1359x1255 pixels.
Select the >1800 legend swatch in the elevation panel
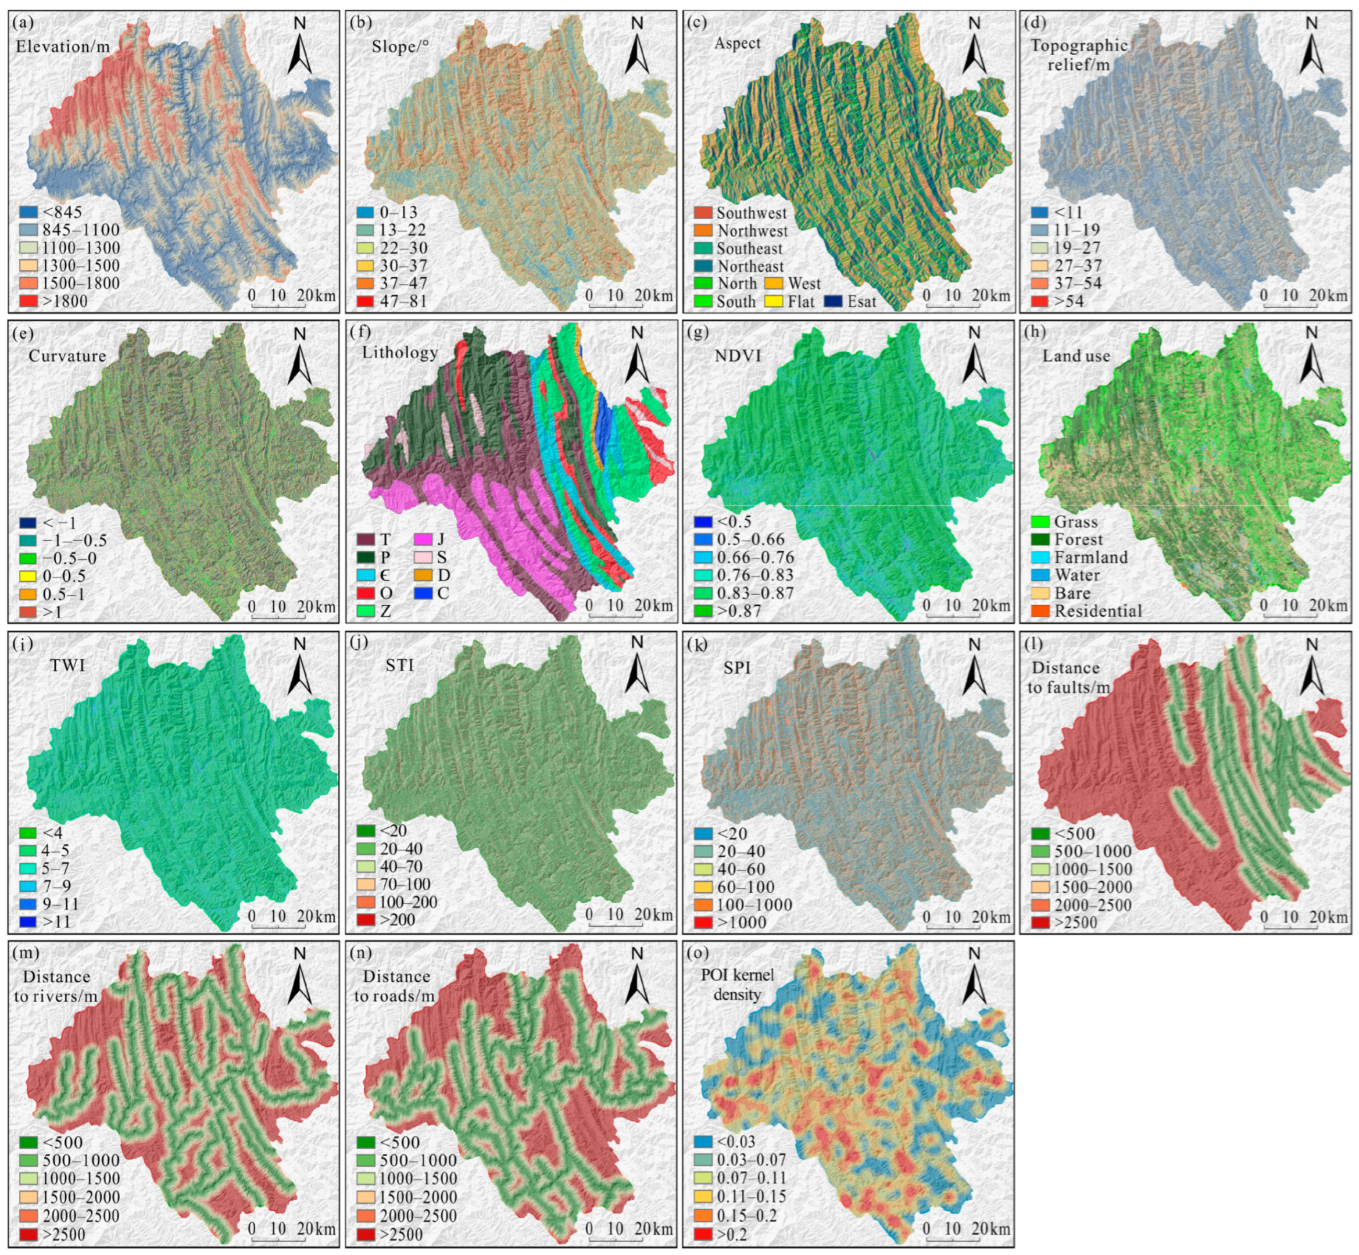point(27,301)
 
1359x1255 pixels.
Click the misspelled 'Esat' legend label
point(861,302)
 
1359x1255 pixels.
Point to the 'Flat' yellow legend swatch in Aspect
point(775,302)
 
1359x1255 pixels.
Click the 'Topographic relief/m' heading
point(1079,54)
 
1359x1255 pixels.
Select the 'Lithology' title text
point(400,352)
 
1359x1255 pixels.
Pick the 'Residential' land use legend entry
point(1097,610)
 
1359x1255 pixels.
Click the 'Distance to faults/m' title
point(1068,677)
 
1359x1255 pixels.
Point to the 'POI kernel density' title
point(738,984)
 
